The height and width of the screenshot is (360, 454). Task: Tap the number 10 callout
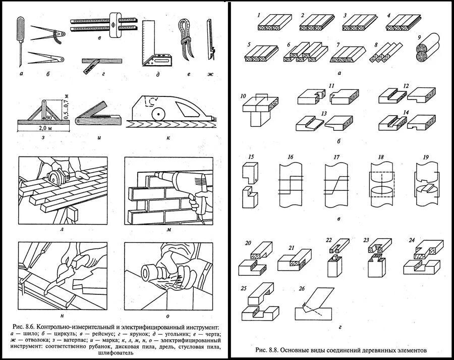pyautogui.click(x=243, y=96)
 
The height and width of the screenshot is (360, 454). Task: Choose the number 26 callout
pyautogui.click(x=302, y=289)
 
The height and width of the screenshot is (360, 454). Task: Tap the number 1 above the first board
pyautogui.click(x=259, y=15)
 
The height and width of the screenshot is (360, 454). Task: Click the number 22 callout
pyautogui.click(x=329, y=240)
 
